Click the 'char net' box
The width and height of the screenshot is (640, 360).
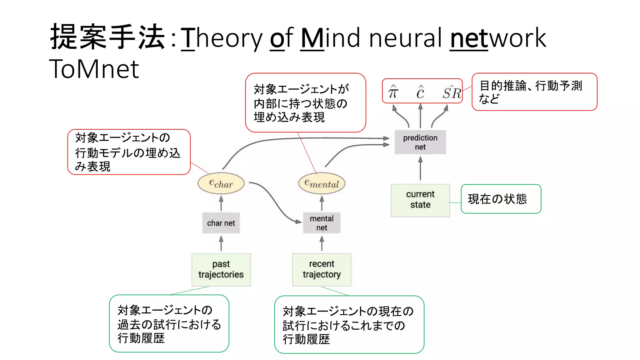[221, 223]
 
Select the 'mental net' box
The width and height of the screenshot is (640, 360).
[322, 223]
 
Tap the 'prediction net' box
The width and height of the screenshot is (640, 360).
[420, 142]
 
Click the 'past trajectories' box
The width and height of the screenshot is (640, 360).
[221, 269]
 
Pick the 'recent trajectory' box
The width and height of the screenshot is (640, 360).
[322, 269]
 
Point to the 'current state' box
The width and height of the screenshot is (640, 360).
[420, 200]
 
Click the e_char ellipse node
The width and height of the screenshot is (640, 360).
[221, 183]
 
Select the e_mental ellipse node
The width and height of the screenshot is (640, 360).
[322, 183]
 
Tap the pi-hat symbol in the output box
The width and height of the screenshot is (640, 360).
[393, 92]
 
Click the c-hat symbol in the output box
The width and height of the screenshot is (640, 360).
[420, 92]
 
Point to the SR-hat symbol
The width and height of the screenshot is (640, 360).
[452, 92]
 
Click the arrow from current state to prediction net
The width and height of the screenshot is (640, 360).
[420, 169]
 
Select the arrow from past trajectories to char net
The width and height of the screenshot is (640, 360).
[221, 244]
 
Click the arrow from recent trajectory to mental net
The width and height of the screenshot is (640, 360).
[322, 244]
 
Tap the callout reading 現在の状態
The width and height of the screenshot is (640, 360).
[501, 199]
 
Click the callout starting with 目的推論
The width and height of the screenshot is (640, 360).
[534, 92]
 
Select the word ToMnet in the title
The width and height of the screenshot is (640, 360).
[94, 69]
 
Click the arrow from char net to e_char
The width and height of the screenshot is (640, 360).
[221, 203]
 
